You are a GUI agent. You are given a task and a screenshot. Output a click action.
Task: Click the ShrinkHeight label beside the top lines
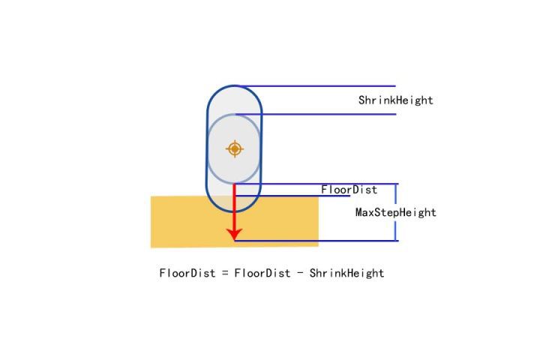(x=395, y=100)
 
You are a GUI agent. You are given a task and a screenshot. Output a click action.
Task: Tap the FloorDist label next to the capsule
(x=349, y=190)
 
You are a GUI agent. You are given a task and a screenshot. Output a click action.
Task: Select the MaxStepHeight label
(x=395, y=212)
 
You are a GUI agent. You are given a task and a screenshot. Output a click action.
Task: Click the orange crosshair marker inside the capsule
(x=235, y=148)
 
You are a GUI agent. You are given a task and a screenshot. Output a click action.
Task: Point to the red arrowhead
(x=235, y=235)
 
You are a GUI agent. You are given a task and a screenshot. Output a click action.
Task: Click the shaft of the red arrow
(x=235, y=206)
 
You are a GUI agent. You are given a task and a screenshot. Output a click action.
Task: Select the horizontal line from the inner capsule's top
(x=330, y=115)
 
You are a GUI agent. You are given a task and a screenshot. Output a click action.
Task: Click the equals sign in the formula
(x=223, y=273)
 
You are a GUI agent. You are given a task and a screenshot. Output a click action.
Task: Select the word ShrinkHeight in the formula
(x=346, y=273)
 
